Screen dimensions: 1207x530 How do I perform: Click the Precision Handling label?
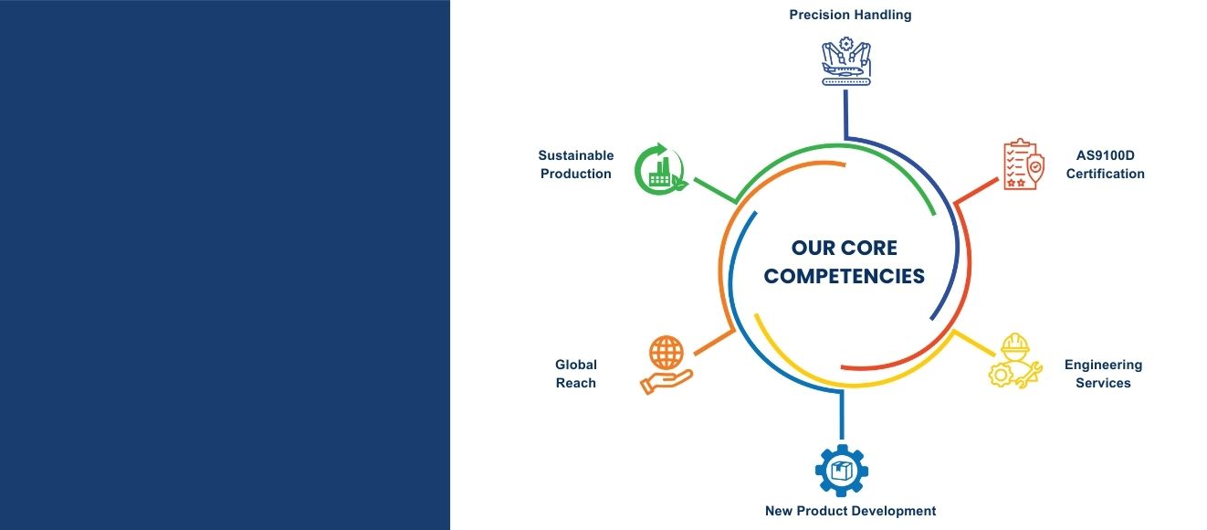(850, 16)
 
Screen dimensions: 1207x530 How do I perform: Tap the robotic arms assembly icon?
(846, 61)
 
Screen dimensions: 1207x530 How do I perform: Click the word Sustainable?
(576, 155)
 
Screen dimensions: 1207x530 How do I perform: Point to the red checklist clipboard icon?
(1023, 164)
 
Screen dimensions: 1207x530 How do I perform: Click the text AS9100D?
(1105, 155)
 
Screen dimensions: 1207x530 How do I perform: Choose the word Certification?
(1105, 174)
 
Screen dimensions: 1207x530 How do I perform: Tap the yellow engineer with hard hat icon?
(1015, 360)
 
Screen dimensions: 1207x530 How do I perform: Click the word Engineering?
(1103, 365)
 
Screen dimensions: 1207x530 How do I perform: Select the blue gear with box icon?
(842, 471)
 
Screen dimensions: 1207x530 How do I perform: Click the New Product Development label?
(850, 511)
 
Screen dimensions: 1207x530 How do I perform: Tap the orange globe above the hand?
(666, 353)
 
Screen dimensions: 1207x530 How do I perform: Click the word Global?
(576, 365)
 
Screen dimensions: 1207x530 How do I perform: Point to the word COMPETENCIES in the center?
(844, 276)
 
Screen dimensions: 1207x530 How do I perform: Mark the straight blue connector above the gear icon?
(842, 415)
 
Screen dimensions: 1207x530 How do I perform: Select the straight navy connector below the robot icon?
(845, 113)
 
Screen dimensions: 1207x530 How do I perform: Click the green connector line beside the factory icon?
(715, 190)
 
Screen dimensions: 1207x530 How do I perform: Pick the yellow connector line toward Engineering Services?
(974, 343)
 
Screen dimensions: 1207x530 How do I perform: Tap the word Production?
(576, 174)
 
